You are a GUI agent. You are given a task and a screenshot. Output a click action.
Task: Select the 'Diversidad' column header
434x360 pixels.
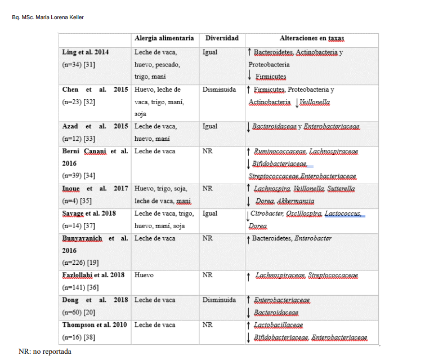click(222, 38)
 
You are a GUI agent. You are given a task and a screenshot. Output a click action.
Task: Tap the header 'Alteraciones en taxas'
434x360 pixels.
click(312, 38)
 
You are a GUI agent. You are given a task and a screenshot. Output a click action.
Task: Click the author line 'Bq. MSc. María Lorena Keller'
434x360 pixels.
click(48, 17)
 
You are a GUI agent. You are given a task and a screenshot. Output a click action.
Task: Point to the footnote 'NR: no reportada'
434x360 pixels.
click(45, 352)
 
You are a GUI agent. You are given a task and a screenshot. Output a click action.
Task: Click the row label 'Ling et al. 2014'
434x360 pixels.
click(86, 52)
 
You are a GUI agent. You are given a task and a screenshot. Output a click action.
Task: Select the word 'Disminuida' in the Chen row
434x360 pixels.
click(219, 90)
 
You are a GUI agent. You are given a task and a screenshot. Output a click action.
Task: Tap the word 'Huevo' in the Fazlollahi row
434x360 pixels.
click(144, 275)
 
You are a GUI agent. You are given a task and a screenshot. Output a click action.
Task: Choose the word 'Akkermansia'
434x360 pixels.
click(296, 201)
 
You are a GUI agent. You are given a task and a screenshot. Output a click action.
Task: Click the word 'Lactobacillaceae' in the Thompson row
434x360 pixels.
click(279, 325)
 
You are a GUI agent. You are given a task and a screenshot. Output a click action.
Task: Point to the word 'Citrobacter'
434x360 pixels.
click(267, 214)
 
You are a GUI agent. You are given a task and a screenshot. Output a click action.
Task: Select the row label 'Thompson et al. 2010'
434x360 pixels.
click(95, 325)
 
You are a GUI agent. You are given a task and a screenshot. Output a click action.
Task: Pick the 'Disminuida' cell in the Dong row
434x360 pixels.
click(219, 300)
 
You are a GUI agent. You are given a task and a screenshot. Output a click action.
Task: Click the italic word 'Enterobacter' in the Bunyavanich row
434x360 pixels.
click(313, 238)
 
